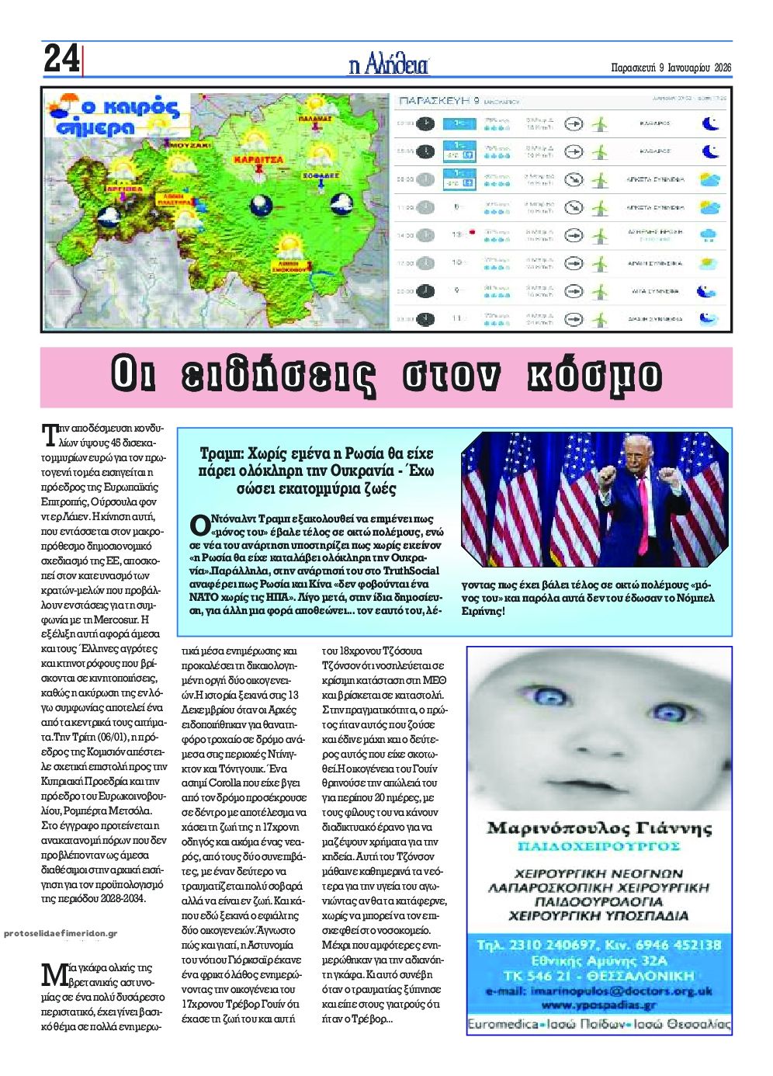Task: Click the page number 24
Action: (61, 59)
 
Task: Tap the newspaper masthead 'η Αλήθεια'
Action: (389, 64)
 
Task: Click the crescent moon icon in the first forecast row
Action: (709, 123)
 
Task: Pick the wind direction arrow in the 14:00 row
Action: (573, 234)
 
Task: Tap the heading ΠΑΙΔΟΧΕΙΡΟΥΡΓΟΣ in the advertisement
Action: (599, 845)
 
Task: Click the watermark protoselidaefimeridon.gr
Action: (60, 933)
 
